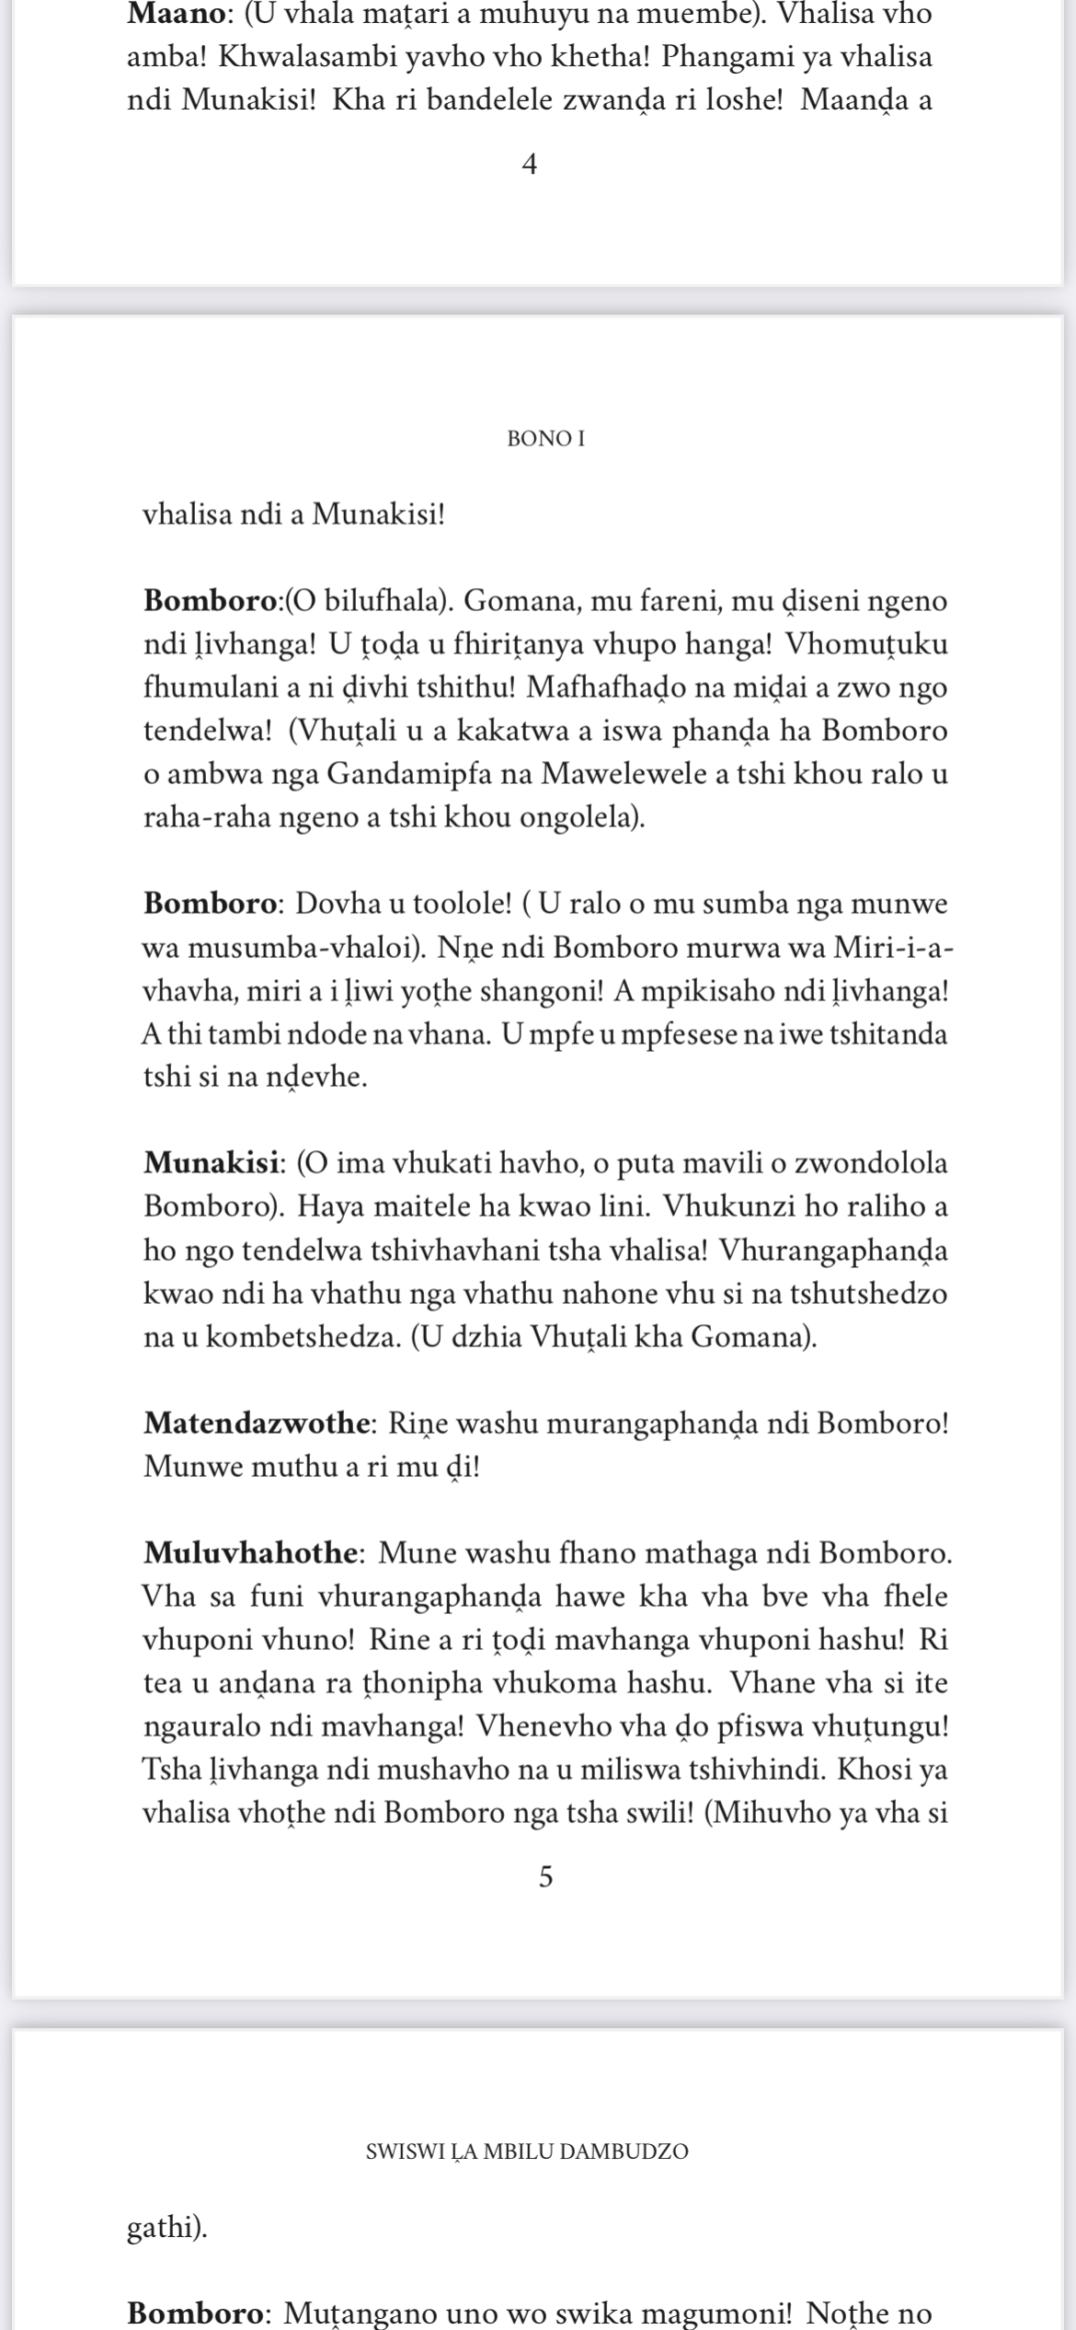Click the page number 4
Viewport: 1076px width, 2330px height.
[x=529, y=166]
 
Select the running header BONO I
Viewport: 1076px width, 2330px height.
[x=545, y=440]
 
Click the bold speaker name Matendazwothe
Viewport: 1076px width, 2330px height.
[x=257, y=1424]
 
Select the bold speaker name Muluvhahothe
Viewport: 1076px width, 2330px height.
[x=250, y=1553]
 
